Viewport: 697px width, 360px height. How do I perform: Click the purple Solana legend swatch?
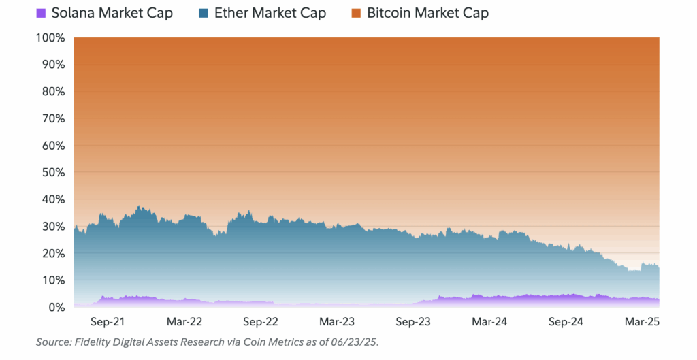click(x=41, y=13)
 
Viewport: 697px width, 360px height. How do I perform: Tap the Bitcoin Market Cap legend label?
click(x=427, y=13)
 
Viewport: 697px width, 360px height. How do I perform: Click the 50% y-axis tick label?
click(x=52, y=173)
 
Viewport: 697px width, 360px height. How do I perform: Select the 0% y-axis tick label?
click(x=56, y=308)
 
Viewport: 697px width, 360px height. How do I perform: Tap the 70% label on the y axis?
click(x=52, y=119)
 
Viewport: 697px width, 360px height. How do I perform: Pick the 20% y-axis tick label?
click(x=52, y=254)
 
